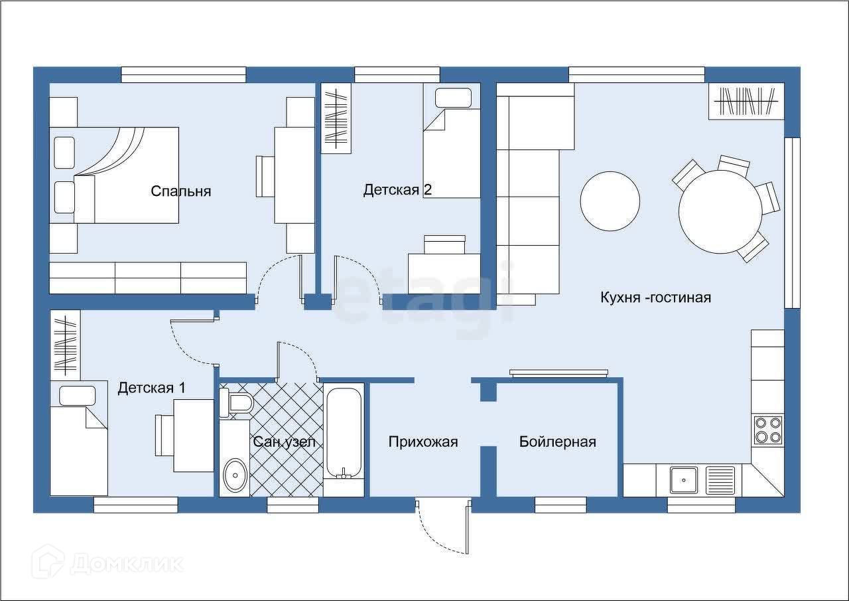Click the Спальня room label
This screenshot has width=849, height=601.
tap(181, 191)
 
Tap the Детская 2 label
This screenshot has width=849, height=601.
tap(397, 190)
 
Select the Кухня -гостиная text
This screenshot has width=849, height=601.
tap(656, 297)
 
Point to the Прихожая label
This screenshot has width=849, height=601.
tap(423, 442)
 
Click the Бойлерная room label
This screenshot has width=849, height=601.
tap(558, 442)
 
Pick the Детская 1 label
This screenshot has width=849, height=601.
tap(152, 388)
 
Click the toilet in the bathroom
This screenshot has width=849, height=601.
tap(237, 402)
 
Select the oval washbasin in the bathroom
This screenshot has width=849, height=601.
tap(235, 474)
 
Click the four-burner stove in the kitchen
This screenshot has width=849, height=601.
tap(767, 430)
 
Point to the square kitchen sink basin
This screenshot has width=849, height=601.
tap(683, 480)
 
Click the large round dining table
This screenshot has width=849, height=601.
tap(720, 212)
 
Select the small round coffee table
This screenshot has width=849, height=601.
tap(610, 201)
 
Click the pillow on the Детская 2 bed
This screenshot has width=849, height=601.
tap(453, 98)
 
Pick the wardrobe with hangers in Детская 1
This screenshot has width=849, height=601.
tap(65, 345)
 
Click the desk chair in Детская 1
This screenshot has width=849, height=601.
tap(164, 435)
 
